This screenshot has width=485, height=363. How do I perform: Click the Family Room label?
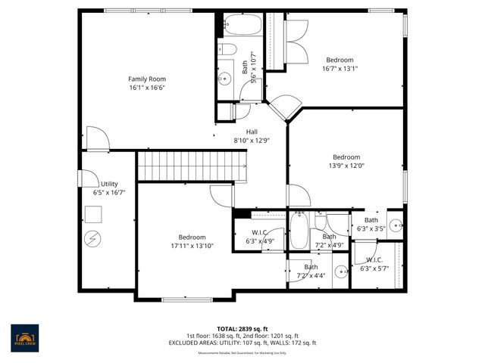pos(146,79)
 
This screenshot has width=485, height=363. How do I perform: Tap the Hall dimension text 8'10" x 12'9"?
pos(252,140)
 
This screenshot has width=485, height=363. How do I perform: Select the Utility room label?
pos(109,184)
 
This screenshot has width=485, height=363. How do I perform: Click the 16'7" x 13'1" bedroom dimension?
pos(340,68)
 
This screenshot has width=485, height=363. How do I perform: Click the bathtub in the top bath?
pos(241,27)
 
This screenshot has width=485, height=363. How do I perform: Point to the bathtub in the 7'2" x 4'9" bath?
pos(300,231)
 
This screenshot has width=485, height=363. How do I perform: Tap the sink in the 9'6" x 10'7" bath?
pos(224,78)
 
